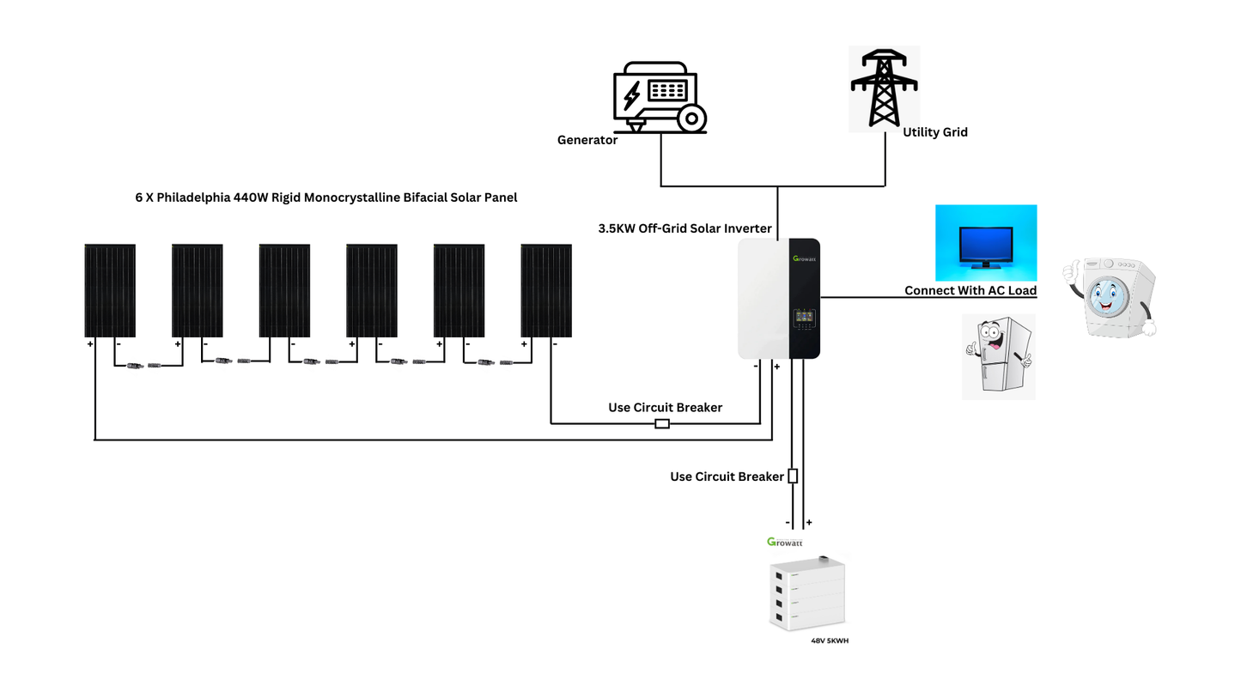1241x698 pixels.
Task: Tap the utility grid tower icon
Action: point(884,88)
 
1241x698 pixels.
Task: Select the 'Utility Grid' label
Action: point(934,132)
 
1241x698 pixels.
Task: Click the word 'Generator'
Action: point(587,140)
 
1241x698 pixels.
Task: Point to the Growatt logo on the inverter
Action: point(805,258)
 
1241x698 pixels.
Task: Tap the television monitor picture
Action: point(985,243)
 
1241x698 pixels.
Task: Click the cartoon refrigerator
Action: point(998,355)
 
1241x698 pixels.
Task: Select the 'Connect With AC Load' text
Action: point(970,290)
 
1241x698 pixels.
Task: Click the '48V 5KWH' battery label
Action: point(830,640)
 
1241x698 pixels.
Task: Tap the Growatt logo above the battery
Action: point(784,542)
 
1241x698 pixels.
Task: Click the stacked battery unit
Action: point(806,593)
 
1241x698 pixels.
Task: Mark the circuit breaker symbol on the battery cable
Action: point(793,476)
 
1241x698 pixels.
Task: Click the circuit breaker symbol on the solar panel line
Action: point(662,423)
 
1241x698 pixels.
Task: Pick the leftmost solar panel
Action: point(110,290)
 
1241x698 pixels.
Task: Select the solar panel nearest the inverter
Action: point(546,290)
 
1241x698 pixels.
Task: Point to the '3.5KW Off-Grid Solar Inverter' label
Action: point(684,229)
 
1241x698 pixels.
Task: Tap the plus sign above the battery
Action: point(808,522)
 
